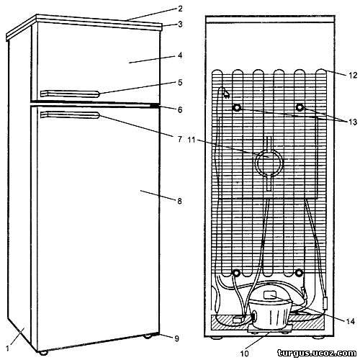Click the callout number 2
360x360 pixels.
pyautogui.click(x=180, y=9)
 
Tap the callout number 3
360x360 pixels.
pyautogui.click(x=180, y=24)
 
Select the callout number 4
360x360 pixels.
pyautogui.click(x=180, y=55)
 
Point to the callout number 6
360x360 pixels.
pyautogui.click(x=180, y=110)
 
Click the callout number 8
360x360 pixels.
pyautogui.click(x=179, y=201)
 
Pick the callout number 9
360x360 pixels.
pyautogui.click(x=176, y=338)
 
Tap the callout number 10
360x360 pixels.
pyautogui.click(x=245, y=353)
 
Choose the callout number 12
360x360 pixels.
pyautogui.click(x=353, y=76)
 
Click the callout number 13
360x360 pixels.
pyautogui.click(x=353, y=122)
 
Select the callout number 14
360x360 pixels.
pyautogui.click(x=351, y=321)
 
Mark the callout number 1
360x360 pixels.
pyautogui.click(x=7, y=348)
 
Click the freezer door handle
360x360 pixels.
pyautogui.click(x=70, y=94)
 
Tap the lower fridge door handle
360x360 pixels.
pyautogui.click(x=70, y=115)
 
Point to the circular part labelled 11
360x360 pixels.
pyautogui.click(x=269, y=163)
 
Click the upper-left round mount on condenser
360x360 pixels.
pyautogui.click(x=237, y=108)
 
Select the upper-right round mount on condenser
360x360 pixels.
pyautogui.click(x=300, y=107)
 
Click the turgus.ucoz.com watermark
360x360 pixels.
pyautogui.click(x=317, y=353)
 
